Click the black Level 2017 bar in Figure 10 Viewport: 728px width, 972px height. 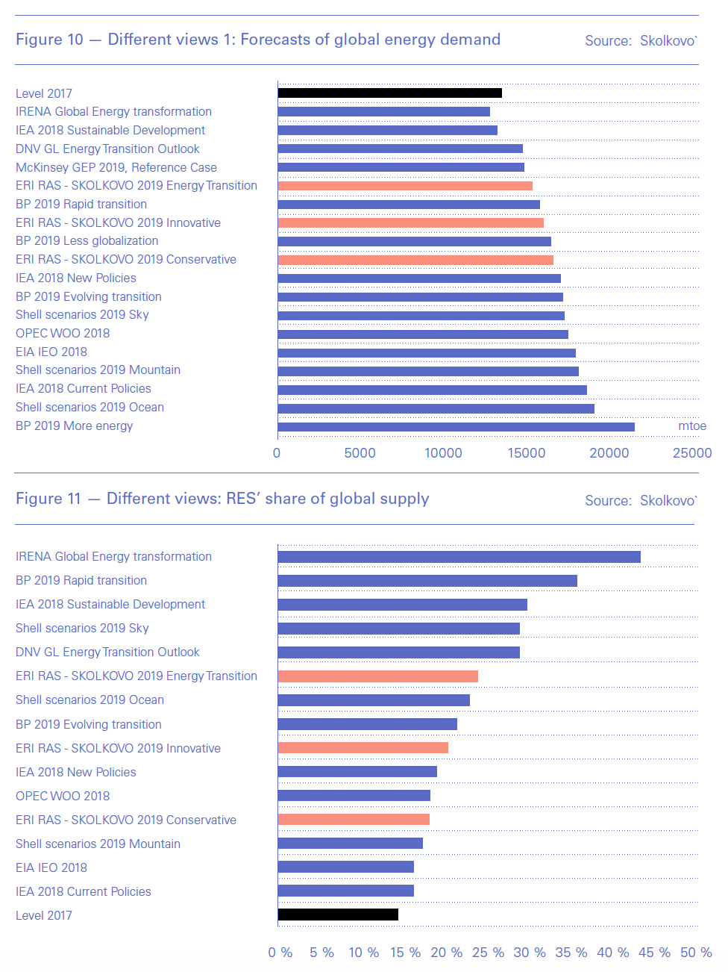point(389,93)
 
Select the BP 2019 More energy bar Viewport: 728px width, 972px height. point(456,427)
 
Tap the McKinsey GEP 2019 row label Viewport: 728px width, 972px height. point(116,167)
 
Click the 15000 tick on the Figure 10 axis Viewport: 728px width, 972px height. point(527,453)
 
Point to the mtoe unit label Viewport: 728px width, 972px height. point(692,426)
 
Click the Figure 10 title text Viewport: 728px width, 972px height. point(258,40)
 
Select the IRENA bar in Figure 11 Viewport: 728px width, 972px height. point(459,557)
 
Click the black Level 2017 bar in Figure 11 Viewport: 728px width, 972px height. point(338,915)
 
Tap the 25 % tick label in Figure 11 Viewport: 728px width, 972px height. point(488,953)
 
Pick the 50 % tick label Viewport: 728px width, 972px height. point(696,953)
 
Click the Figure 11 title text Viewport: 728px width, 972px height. point(222,499)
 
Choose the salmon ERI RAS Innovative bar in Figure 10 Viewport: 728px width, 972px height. point(410,222)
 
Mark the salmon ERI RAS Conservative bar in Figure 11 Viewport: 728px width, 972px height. point(354,819)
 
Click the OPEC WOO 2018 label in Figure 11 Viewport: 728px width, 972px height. point(63,796)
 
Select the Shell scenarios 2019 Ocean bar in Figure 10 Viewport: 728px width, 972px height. point(436,408)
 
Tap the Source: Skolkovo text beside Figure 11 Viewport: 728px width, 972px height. point(641,501)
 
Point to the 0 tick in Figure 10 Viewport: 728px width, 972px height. point(277,453)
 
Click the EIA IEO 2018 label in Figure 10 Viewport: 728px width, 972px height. point(51,352)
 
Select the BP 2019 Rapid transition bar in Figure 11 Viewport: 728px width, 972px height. point(427,581)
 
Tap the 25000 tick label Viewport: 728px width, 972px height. point(692,453)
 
